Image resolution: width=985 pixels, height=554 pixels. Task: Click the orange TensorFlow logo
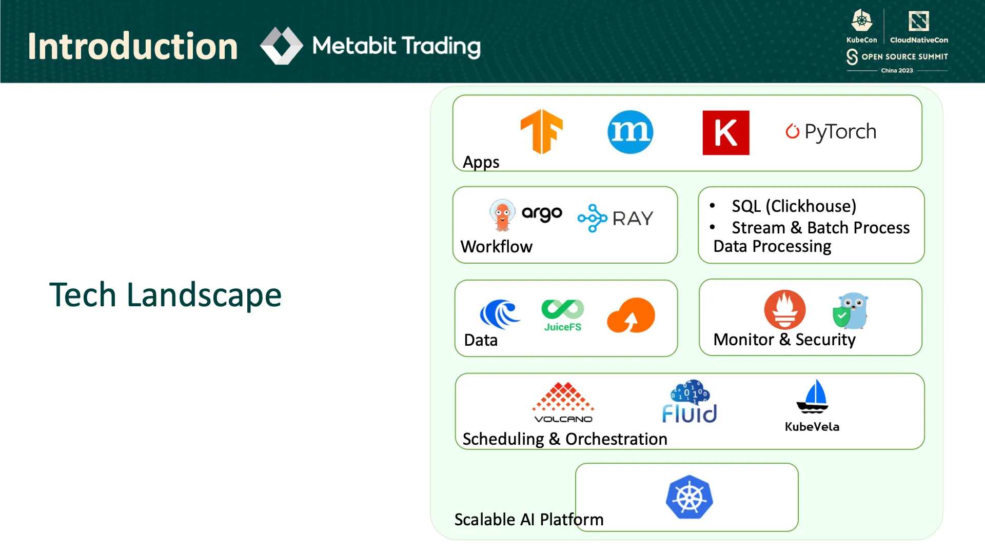(542, 132)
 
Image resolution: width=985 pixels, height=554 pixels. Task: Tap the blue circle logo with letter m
(630, 132)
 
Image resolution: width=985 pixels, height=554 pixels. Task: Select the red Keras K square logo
(725, 132)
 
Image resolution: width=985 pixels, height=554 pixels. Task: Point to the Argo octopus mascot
(502, 215)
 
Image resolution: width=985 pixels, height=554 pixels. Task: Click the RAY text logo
(632, 219)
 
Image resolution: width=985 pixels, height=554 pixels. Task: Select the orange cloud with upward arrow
(631, 315)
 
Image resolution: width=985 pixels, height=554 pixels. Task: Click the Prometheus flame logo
(784, 310)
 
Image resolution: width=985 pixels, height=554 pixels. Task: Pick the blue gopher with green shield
(851, 311)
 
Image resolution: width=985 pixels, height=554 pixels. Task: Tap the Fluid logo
(689, 402)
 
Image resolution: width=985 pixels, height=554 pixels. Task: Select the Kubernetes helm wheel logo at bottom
(689, 497)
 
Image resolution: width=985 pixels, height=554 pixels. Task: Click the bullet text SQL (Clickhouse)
(794, 206)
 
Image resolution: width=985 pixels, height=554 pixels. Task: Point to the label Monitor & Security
(784, 340)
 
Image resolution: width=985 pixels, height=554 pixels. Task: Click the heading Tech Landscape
(165, 295)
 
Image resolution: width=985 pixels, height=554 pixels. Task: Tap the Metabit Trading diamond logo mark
(281, 46)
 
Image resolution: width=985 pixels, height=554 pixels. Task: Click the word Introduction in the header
(132, 46)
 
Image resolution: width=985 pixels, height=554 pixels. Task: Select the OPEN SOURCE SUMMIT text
(904, 56)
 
